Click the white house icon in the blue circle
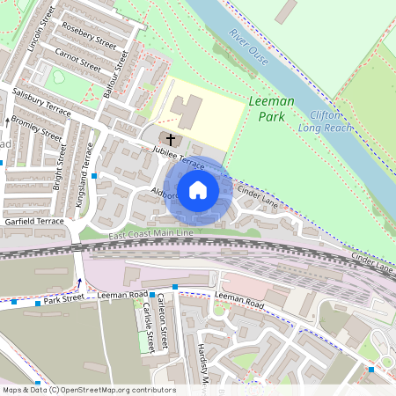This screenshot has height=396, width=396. [x=198, y=189]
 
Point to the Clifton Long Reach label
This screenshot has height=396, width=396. [x=331, y=121]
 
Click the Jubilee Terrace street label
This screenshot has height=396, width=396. [x=180, y=158]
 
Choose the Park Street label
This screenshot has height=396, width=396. [x=63, y=298]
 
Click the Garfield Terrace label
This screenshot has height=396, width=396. [x=33, y=222]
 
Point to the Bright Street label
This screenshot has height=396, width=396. [x=60, y=166]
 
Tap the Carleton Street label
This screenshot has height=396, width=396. [x=161, y=318]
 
